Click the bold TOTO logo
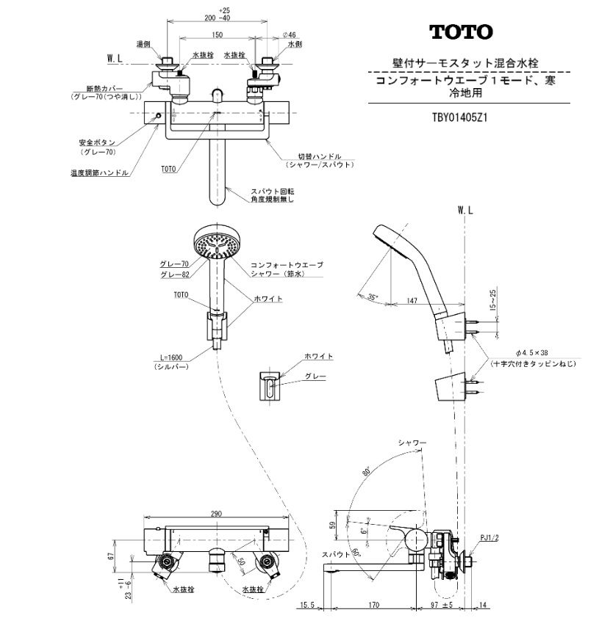click(x=462, y=32)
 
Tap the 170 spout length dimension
click(x=373, y=606)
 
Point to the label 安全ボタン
click(x=95, y=142)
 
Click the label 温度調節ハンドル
click(x=95, y=174)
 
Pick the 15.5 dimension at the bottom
click(x=308, y=606)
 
